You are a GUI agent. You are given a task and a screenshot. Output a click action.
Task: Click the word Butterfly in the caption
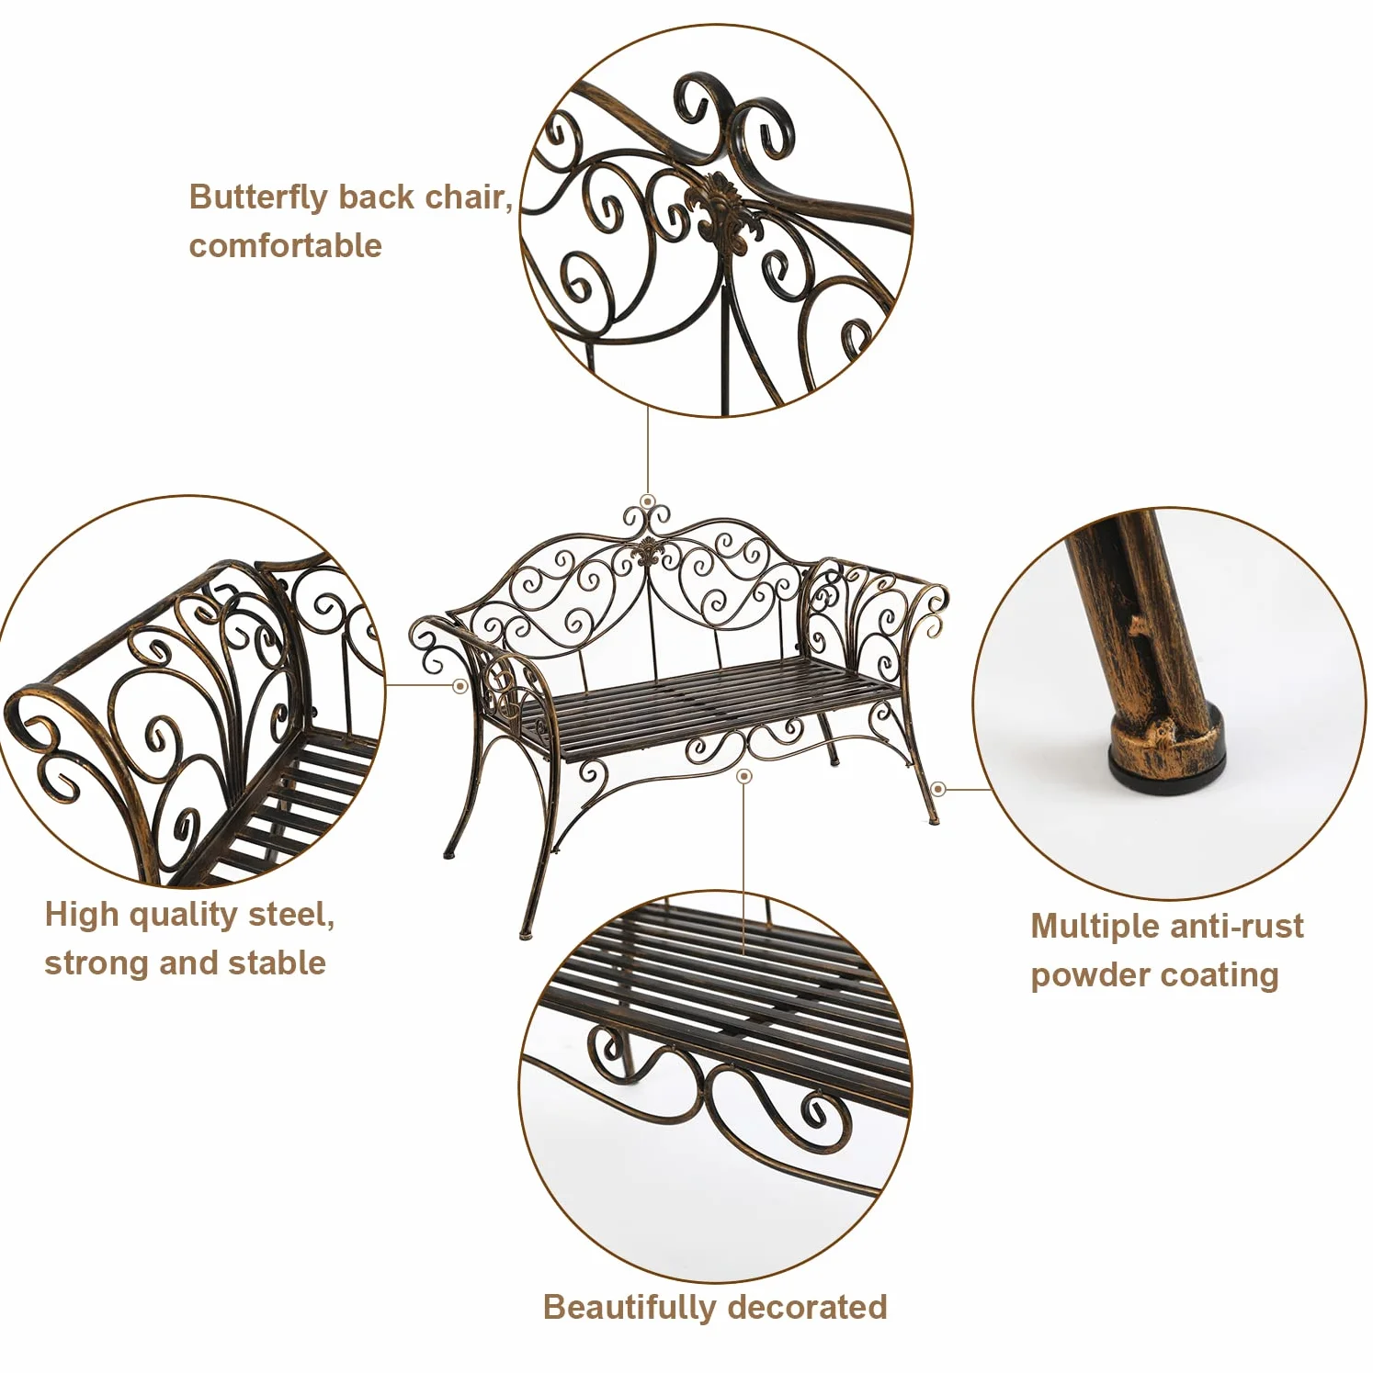coord(258,198)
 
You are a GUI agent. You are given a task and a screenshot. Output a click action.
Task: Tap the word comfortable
coord(285,246)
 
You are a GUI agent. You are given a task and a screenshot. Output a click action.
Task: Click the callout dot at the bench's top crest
coord(648,502)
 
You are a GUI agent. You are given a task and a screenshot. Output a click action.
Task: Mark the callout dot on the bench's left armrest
coord(460,686)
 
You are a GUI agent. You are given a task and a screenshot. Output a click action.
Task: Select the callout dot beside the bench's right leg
coord(938,788)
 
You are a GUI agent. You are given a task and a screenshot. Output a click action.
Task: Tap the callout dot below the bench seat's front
coord(744,777)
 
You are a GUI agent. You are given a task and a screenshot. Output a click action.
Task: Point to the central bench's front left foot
coord(525,935)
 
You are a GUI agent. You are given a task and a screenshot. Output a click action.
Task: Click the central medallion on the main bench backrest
coord(648,553)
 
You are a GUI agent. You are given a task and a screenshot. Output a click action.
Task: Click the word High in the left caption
coord(82,915)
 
